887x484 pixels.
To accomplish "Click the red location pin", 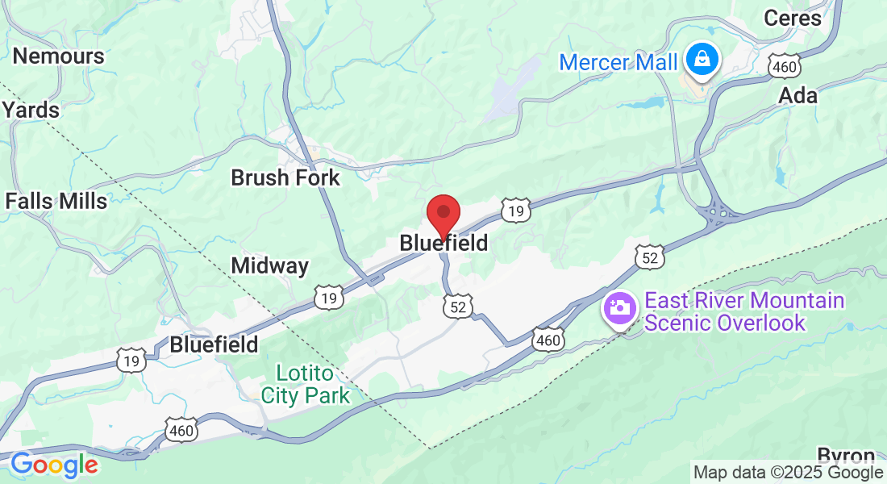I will click(443, 214).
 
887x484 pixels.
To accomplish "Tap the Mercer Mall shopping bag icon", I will click(702, 59).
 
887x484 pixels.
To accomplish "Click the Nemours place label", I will click(59, 56).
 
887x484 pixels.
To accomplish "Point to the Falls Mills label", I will click(56, 201).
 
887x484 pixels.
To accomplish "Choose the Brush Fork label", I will click(285, 177).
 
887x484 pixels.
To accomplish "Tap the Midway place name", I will click(269, 265).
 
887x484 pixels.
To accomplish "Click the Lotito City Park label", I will click(306, 385).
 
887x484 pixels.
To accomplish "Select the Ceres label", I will click(792, 18).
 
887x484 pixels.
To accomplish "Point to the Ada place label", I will click(797, 96).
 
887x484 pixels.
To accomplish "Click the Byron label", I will click(846, 454).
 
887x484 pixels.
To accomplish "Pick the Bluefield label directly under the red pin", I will click(443, 243).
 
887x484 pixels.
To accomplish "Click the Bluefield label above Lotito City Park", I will click(214, 345).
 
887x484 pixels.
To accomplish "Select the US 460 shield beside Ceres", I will click(783, 67).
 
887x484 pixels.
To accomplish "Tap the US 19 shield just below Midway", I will click(330, 297).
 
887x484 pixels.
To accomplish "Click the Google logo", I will click(54, 465).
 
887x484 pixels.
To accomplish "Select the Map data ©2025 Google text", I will click(788, 473).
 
